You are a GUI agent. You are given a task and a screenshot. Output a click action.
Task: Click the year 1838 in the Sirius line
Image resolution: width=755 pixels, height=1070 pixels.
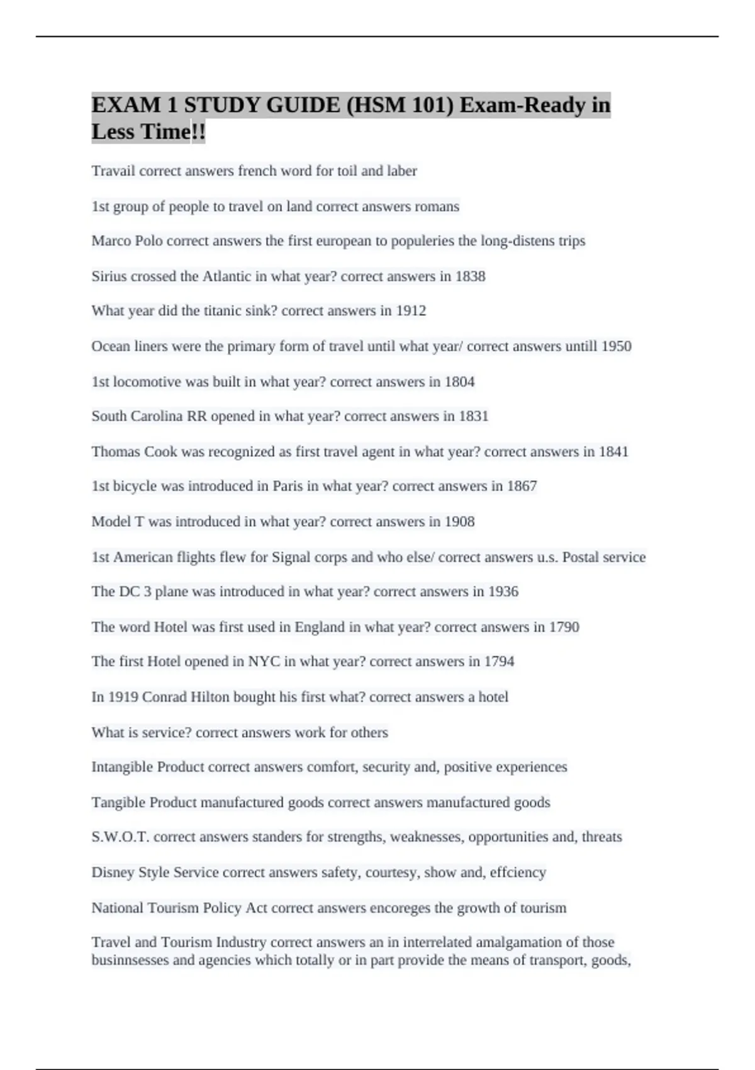pyautogui.click(x=470, y=276)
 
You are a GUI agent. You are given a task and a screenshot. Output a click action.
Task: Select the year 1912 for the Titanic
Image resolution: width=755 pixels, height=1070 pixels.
pyautogui.click(x=411, y=311)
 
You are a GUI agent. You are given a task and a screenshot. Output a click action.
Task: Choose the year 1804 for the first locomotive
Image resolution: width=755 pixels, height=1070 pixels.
pyautogui.click(x=459, y=382)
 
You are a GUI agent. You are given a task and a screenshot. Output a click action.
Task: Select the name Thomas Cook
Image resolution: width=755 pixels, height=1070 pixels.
pyautogui.click(x=134, y=452)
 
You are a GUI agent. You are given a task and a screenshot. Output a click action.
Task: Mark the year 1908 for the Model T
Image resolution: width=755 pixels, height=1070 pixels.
pyautogui.click(x=459, y=522)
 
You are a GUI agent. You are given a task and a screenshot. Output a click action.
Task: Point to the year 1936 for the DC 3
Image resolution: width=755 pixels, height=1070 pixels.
pyautogui.click(x=503, y=592)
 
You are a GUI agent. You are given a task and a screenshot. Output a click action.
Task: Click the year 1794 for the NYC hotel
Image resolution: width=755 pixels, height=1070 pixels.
pyautogui.click(x=499, y=662)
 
